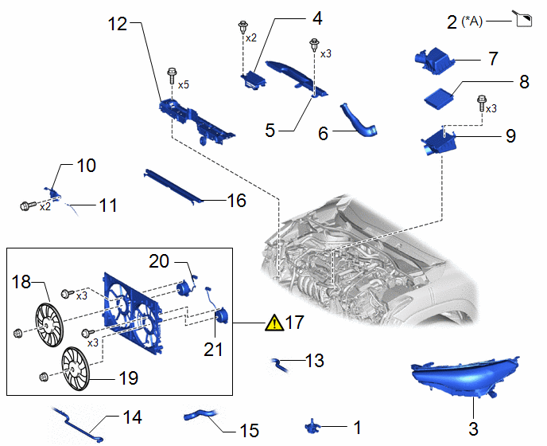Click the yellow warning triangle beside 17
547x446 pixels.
tap(274, 323)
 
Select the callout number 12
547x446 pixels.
tap(117, 25)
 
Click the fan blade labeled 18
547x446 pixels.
tap(49, 325)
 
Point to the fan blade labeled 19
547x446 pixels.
tap(76, 369)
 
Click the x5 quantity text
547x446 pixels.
tap(184, 85)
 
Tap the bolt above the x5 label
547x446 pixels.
tap(172, 75)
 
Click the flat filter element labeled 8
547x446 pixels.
tap(439, 100)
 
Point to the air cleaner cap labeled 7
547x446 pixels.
tap(434, 61)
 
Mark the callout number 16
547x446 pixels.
tap(236, 201)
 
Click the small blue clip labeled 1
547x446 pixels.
tap(311, 426)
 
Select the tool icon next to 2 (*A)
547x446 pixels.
tap(522, 18)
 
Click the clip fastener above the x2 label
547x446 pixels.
tap(242, 27)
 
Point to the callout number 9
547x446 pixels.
tap(510, 135)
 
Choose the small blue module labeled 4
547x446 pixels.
tap(254, 80)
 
